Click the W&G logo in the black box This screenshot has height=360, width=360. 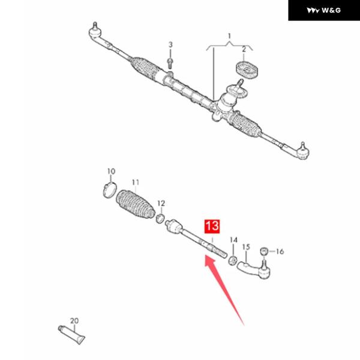[x=323, y=10]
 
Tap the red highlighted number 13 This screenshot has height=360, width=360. [x=212, y=226]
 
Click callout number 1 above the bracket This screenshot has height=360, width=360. [x=229, y=36]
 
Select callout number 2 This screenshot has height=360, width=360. [x=244, y=49]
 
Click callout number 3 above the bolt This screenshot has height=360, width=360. [x=170, y=44]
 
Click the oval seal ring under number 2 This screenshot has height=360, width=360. [x=247, y=70]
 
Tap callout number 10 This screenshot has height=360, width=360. [x=111, y=171]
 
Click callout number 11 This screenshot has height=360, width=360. [x=136, y=182]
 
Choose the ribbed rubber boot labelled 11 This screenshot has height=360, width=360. [x=135, y=205]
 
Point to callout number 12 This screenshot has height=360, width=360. [x=161, y=203]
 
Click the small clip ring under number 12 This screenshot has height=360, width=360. [x=160, y=218]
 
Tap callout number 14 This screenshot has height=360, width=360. [x=233, y=240]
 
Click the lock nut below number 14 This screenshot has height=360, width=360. [x=233, y=260]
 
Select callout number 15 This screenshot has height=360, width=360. [x=246, y=247]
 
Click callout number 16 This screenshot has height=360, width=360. [x=280, y=251]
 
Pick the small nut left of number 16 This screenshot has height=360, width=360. [x=264, y=251]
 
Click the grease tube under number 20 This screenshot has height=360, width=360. [x=71, y=335]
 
